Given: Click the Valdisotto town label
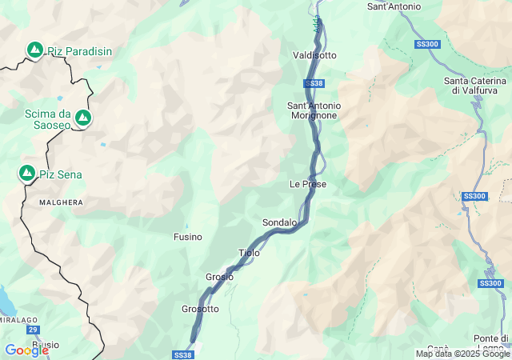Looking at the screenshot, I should pyautogui.click(x=314, y=55).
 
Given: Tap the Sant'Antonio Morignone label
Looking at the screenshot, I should pyautogui.click(x=314, y=110).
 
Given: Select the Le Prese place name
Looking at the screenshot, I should pyautogui.click(x=308, y=184).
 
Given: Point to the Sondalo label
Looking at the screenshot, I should pyautogui.click(x=279, y=222).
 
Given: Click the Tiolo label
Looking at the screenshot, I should pyautogui.click(x=249, y=253).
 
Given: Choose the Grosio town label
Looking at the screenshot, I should pyautogui.click(x=219, y=277).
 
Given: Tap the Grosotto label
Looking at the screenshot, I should pyautogui.click(x=200, y=309).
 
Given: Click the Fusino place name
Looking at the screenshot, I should pyautogui.click(x=188, y=237).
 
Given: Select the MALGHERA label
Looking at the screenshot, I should pyautogui.click(x=61, y=202).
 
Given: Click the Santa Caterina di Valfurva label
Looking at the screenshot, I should pyautogui.click(x=475, y=86).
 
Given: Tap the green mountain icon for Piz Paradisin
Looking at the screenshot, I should pyautogui.click(x=35, y=50).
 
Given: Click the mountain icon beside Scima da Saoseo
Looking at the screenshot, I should pyautogui.click(x=82, y=118).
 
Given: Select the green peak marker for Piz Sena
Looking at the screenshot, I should pyautogui.click(x=27, y=174).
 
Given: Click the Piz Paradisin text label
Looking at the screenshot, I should pyautogui.click(x=79, y=51).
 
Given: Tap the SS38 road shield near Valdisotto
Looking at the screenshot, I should pyautogui.click(x=314, y=83).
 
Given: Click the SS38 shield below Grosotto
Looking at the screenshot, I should pyautogui.click(x=182, y=354).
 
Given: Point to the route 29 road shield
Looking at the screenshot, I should pyautogui.click(x=33, y=330).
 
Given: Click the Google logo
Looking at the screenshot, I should pyautogui.click(x=26, y=350).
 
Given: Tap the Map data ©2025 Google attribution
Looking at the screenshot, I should pyautogui.click(x=462, y=354).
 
